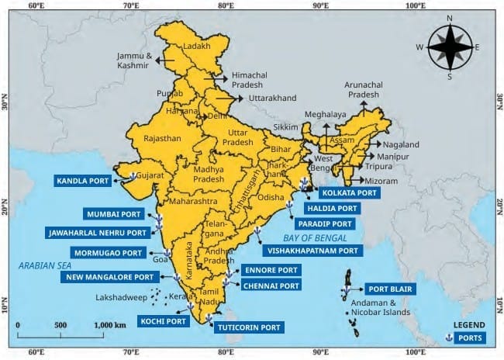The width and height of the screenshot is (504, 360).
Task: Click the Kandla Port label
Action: point(82,181)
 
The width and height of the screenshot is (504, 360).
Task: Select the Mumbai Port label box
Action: point(114,213)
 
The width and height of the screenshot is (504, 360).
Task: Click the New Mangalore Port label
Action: point(110,276)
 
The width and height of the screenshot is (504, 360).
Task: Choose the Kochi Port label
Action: point(163,320)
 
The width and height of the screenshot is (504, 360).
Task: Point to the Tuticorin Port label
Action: point(248,327)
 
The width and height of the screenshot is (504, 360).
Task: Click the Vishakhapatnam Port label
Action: point(312,251)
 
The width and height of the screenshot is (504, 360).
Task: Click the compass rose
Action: point(449,47)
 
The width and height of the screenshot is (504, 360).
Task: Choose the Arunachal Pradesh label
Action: point(363,89)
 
